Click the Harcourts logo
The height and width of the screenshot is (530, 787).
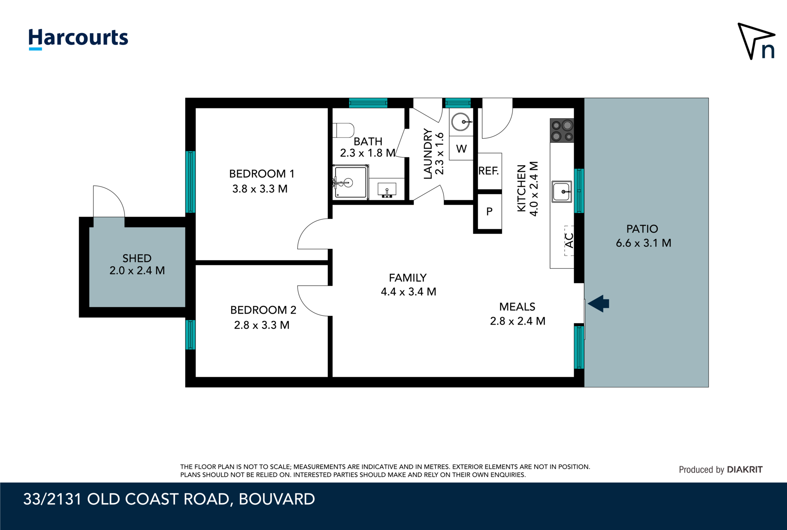point(78,38)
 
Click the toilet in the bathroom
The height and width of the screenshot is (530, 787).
point(343,130)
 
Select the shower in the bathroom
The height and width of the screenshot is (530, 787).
point(350,182)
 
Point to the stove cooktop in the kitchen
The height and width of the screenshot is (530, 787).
point(562,131)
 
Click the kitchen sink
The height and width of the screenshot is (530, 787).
point(562,191)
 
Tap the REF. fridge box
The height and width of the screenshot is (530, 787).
point(489,171)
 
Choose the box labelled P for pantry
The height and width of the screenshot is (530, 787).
point(489,212)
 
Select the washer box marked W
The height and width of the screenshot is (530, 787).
point(461,148)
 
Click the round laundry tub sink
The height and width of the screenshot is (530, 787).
point(460,122)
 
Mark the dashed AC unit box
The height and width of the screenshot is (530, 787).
point(569,240)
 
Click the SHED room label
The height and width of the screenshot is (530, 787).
point(137,258)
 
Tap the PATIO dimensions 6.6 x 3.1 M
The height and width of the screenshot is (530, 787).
point(643,243)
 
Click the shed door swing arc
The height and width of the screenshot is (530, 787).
point(110,200)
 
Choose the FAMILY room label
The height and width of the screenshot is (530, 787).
point(408,278)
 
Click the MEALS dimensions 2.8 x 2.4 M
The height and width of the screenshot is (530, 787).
point(517,321)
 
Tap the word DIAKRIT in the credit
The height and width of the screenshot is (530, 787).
point(744,469)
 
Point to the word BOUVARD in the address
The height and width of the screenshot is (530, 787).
point(277,499)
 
